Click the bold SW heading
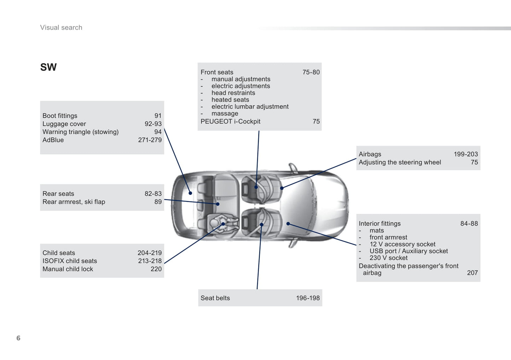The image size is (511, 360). (x=48, y=67)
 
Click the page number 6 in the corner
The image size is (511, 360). (x=18, y=338)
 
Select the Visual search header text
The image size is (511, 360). (x=61, y=28)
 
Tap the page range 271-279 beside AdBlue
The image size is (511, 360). (x=150, y=140)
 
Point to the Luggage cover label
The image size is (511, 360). (x=64, y=124)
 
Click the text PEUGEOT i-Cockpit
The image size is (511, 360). (x=231, y=122)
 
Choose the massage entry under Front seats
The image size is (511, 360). (x=225, y=113)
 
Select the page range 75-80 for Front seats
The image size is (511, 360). (x=311, y=72)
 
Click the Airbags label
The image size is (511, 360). (x=370, y=154)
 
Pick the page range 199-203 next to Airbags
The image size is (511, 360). (x=466, y=154)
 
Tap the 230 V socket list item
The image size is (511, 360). (x=389, y=258)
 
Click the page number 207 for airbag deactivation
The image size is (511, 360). (x=472, y=273)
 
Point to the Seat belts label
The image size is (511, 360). (x=215, y=298)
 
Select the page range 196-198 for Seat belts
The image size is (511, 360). (x=308, y=298)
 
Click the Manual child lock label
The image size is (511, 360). (x=68, y=269)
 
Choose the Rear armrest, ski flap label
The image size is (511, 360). (x=74, y=202)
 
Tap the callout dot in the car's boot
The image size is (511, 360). (x=190, y=193)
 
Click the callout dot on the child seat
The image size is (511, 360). (x=223, y=224)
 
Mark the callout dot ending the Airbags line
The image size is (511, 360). (x=282, y=188)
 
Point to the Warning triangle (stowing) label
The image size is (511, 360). (x=81, y=132)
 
